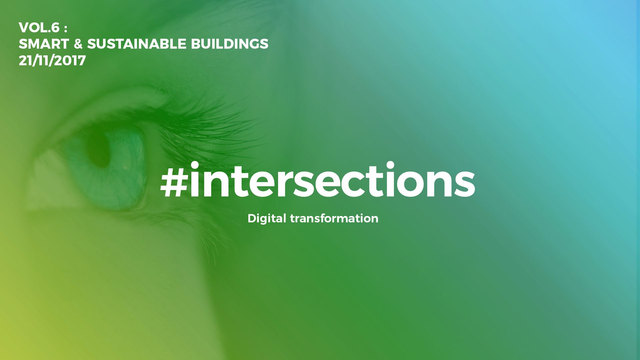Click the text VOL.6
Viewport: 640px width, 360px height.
pos(39,28)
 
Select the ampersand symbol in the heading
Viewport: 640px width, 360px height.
pos(78,44)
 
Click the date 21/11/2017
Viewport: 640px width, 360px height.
pos(52,61)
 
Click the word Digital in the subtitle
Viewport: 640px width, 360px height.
pos(267,219)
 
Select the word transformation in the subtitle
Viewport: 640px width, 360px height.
pos(334,218)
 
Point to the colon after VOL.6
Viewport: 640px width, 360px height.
pos(66,29)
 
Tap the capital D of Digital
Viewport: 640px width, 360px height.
pos(253,218)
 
